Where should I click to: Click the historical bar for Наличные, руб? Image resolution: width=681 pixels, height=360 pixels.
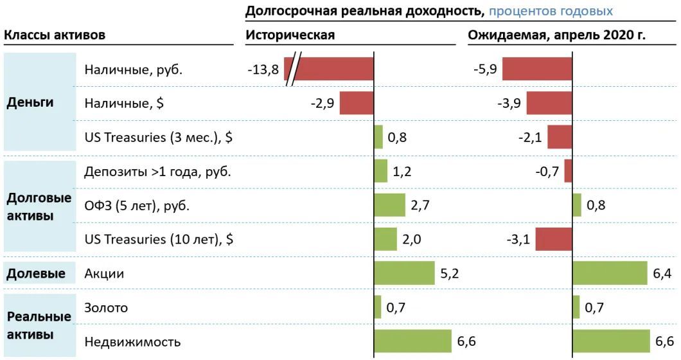coord(334,69)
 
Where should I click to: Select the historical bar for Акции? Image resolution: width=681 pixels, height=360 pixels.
coord(404,273)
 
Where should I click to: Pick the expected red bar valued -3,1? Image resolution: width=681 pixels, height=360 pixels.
coord(553,239)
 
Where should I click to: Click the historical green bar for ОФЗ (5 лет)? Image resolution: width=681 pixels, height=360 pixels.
coord(389,205)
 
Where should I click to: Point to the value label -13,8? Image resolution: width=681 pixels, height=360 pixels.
coord(263,69)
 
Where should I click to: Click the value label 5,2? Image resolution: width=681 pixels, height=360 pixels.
coord(449,273)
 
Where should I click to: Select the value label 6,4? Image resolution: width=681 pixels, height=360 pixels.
coord(662,273)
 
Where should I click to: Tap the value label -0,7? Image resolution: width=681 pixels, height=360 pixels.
coord(547,171)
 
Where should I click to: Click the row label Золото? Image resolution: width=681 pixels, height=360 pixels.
coord(106,307)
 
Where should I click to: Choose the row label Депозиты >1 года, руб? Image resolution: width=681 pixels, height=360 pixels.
coord(157,171)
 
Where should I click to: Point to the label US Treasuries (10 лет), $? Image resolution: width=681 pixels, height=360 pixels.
coord(159,239)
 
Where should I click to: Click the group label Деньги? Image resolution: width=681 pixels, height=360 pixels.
coord(30,103)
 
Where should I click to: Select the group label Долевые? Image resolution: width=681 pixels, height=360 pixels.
coord(36,273)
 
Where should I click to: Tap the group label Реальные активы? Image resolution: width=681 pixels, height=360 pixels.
coord(39,325)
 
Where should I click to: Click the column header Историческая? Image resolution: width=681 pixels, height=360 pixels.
coord(290,35)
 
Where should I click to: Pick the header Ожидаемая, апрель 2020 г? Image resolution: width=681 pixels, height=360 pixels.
coord(556,35)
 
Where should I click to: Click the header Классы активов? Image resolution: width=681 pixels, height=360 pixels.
coord(55,35)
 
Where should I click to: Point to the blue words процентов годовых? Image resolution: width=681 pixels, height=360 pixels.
coord(551,11)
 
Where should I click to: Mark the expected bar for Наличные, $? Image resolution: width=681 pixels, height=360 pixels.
coord(549,103)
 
